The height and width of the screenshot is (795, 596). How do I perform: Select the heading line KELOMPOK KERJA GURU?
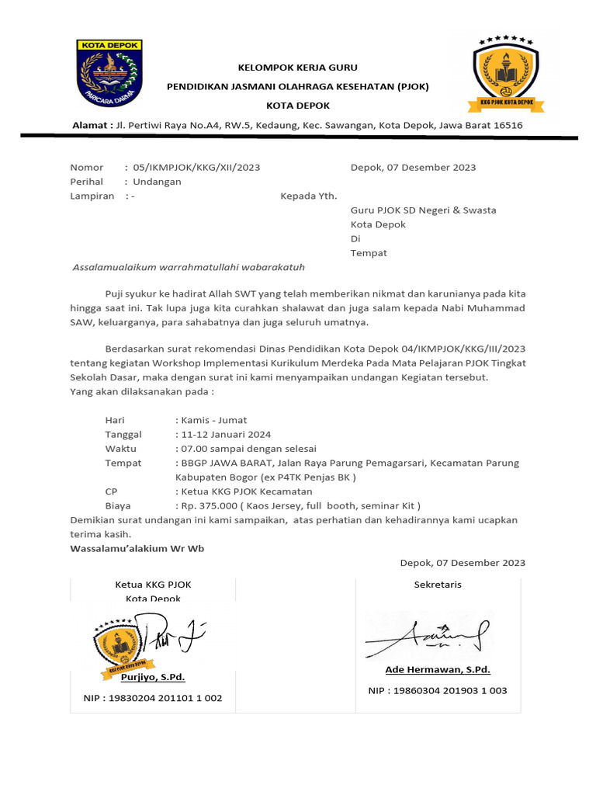[298, 68]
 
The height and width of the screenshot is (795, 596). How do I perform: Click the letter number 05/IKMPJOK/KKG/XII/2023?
[196, 167]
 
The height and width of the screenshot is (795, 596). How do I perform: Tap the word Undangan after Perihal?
[157, 182]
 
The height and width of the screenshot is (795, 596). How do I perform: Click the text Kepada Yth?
[308, 196]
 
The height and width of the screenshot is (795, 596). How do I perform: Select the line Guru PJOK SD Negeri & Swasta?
[423, 210]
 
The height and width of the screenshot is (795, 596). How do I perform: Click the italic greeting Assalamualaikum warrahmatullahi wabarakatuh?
[189, 267]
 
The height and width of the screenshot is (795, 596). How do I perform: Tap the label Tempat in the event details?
[123, 463]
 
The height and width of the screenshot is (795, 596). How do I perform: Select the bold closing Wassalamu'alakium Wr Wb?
[137, 548]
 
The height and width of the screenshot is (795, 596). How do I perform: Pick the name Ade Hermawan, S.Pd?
[438, 669]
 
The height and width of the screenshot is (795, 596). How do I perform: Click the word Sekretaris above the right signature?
[438, 584]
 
